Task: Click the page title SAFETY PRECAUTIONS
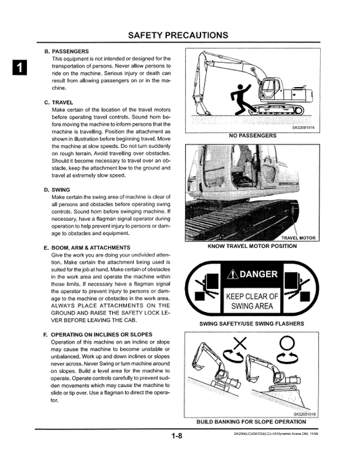coord(178,34)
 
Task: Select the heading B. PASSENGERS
coord(66,51)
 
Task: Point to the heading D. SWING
coord(57,190)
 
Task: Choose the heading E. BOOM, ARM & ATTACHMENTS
coord(86,248)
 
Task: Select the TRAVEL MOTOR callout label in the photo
coord(297,238)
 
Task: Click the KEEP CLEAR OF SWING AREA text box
coord(251,301)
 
